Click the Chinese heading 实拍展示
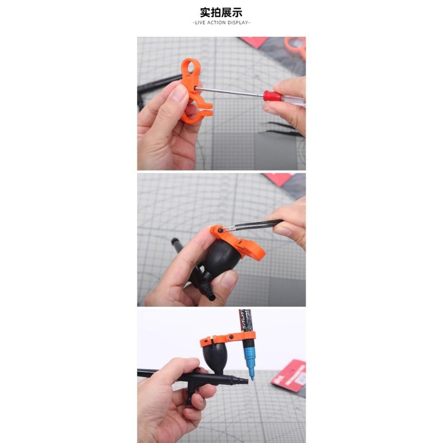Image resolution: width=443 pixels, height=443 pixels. point(221,12)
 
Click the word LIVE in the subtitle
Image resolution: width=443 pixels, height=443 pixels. point(201,23)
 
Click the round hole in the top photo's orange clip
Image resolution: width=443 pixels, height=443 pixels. point(191,68)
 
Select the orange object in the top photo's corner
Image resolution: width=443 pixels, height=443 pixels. point(295,46)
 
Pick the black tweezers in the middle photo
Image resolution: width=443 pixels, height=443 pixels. point(257,225)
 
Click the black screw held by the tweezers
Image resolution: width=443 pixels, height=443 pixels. point(221,230)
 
